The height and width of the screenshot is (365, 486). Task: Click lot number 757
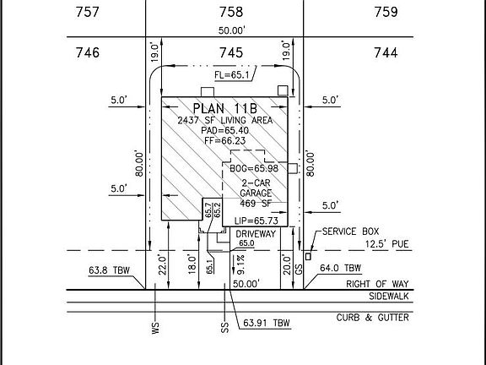pos(88,12)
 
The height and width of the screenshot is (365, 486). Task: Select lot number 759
pos(386,12)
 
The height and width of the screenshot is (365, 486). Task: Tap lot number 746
pos(88,52)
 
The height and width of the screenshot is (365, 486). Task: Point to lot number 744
pos(386,52)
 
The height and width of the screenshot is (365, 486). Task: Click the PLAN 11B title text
pos(225,109)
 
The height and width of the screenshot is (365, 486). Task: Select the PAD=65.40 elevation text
pos(225,130)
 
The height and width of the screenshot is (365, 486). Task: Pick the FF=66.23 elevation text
pos(225,140)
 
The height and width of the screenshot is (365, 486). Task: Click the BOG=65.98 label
pos(254,168)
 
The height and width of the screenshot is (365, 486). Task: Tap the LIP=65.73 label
pos(256,221)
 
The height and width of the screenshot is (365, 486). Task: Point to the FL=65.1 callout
pos(232,75)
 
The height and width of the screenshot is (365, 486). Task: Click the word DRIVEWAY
pos(256,234)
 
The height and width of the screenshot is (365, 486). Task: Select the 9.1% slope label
pos(240,264)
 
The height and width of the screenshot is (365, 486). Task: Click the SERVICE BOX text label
pos(350,232)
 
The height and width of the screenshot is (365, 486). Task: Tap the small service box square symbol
pos(308,257)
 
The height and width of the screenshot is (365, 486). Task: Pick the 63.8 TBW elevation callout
pos(109,270)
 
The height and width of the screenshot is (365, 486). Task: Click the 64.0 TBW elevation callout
pos(340,268)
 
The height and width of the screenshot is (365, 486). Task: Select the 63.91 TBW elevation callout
pos(267,323)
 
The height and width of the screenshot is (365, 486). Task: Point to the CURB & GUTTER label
pos(373,318)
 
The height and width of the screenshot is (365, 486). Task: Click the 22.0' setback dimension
pos(162,264)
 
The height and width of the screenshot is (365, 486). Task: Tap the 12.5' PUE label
pos(386,244)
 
